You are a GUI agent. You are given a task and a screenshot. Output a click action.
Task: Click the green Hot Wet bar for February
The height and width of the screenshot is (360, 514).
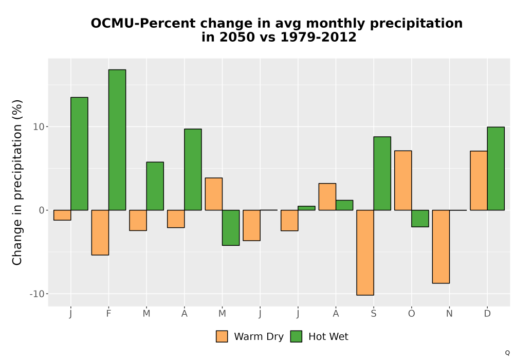117,140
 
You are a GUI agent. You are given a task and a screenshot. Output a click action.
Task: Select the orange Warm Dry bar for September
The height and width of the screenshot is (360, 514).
365,253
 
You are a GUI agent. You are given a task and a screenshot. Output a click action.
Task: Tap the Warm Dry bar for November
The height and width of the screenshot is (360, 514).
441,246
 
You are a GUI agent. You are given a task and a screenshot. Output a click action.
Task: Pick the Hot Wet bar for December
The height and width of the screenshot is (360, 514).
495,169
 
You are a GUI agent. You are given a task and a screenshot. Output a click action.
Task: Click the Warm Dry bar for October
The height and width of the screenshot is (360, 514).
403,181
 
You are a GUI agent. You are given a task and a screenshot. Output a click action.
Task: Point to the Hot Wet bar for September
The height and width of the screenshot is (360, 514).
382,173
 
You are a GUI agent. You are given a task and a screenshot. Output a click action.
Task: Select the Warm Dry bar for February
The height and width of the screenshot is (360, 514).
100,232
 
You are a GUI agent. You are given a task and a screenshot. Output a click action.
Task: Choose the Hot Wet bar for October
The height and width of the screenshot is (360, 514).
420,219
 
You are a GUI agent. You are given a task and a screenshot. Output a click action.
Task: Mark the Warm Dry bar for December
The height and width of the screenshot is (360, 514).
479,181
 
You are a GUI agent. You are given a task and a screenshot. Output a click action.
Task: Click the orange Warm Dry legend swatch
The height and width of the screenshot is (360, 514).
222,336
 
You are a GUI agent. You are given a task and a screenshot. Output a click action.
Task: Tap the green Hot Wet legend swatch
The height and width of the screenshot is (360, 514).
296,336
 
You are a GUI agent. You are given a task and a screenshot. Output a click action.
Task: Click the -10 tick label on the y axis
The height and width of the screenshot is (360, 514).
37,294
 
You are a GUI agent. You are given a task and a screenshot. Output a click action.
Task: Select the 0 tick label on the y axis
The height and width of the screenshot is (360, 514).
42,210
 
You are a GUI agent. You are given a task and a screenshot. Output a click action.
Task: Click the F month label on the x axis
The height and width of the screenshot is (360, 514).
108,314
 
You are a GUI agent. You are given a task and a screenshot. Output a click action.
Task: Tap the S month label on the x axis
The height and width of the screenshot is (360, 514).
374,314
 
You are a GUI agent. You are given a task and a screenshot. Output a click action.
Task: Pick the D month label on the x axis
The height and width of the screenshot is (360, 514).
487,314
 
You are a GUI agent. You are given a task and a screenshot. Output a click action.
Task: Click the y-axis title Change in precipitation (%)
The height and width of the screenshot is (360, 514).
17,182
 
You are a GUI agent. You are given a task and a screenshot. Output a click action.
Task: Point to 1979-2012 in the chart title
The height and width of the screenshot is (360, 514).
318,37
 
